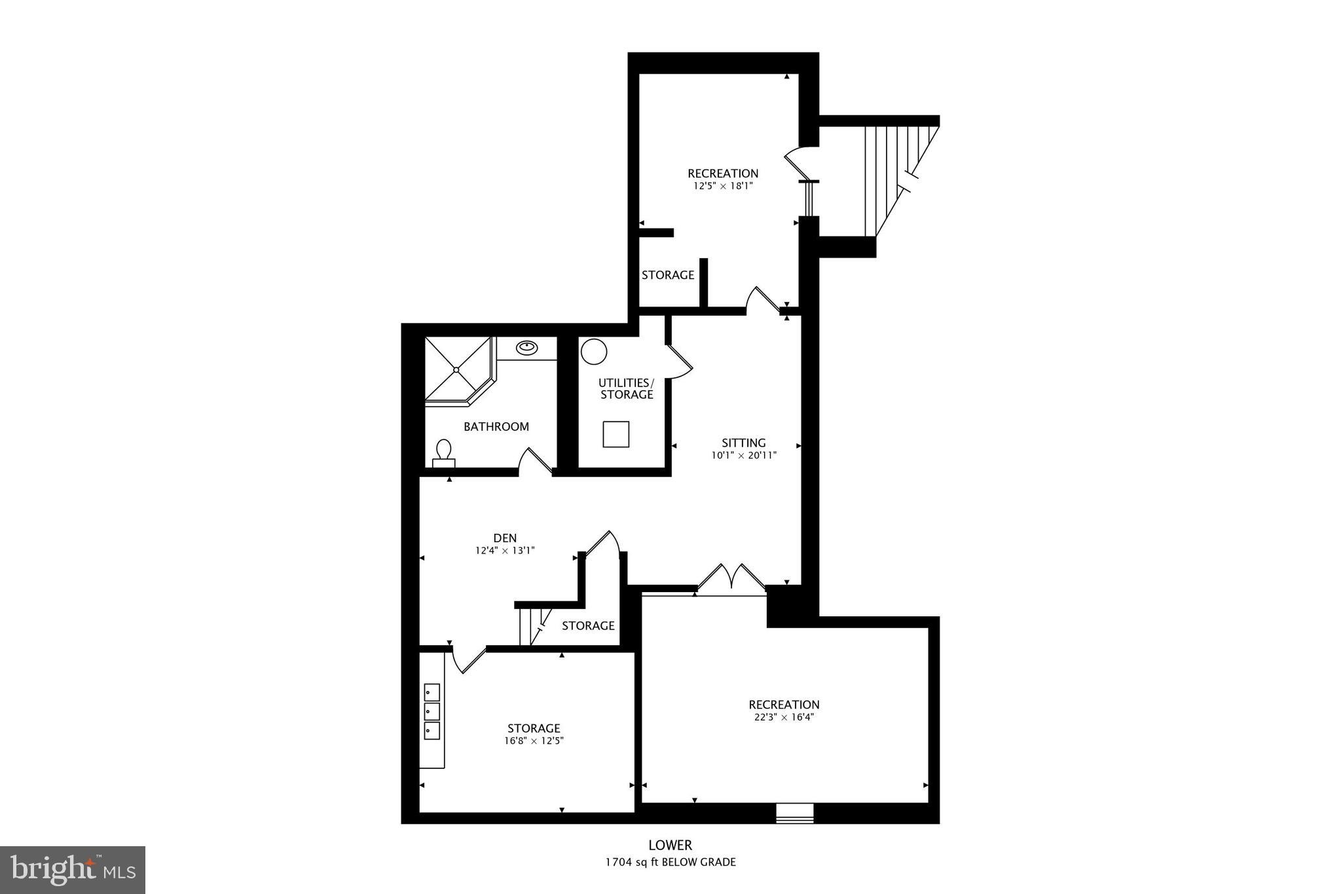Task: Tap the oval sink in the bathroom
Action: coord(527,347)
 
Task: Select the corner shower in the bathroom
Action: coord(457,369)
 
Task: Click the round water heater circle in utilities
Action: coord(594,352)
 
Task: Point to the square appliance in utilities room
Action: coord(615,434)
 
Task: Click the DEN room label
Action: coord(505,538)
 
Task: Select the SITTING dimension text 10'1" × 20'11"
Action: coord(744,455)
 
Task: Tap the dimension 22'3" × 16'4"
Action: coord(784,717)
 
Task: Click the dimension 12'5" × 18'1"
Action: coord(723,186)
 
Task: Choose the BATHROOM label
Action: coord(496,427)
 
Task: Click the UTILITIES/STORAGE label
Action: coord(627,388)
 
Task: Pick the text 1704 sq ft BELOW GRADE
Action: coord(670,862)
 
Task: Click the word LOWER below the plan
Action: coord(670,846)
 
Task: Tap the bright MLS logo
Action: coord(73,870)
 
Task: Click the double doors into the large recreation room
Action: coord(731,578)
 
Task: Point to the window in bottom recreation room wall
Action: coord(794,813)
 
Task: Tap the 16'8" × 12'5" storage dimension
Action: coord(534,741)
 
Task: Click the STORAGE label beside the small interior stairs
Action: coord(588,626)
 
